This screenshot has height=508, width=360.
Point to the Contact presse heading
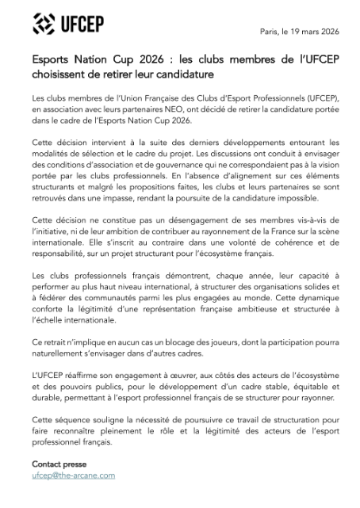(59, 464)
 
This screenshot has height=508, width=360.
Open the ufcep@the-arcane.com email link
(74, 476)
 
